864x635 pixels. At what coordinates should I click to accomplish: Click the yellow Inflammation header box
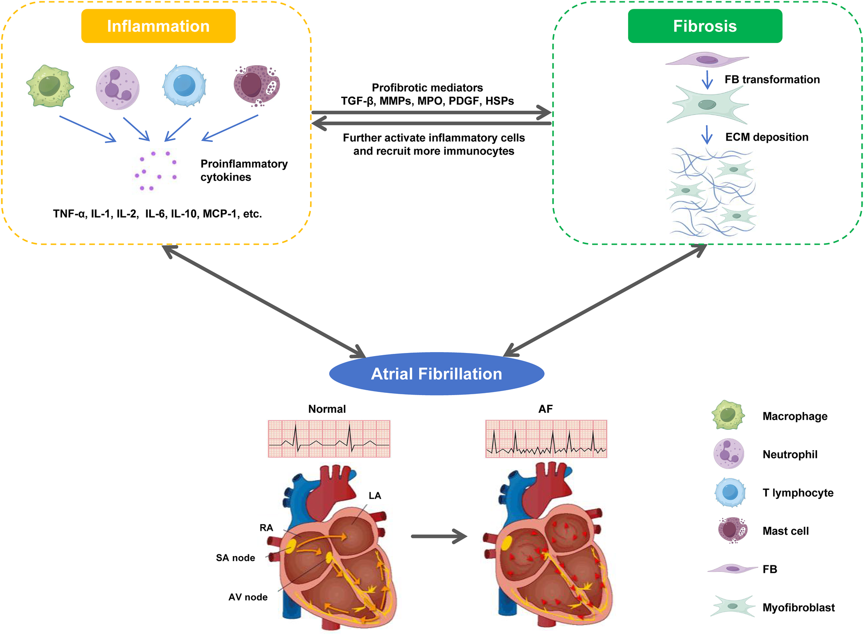tap(158, 26)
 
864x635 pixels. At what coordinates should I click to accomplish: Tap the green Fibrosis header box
tap(704, 26)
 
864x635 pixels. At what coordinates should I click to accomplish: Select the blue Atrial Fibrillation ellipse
tap(436, 374)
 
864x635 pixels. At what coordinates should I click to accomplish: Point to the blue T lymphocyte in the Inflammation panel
tap(185, 86)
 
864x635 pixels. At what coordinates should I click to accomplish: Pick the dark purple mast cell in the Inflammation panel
tap(257, 85)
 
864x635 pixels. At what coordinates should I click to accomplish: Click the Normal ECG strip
tap(329, 439)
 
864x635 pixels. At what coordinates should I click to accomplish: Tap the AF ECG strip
tap(546, 439)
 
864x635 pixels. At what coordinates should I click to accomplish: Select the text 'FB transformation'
tap(772, 80)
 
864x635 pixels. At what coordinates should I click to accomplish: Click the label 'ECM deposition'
tap(766, 137)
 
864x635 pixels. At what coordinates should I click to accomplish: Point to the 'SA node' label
tap(236, 558)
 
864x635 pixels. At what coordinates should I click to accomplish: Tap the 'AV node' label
tap(248, 597)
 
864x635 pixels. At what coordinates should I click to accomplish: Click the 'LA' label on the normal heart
tap(375, 496)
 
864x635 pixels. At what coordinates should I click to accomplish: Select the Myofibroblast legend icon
tap(732, 606)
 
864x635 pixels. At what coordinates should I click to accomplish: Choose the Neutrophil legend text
tap(789, 455)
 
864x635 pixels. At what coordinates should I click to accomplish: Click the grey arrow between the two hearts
tap(439, 536)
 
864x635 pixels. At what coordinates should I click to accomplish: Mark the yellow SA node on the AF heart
tap(507, 543)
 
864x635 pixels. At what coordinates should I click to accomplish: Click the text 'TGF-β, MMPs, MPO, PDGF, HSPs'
tap(427, 101)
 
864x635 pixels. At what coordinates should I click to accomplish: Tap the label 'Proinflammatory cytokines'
tap(244, 170)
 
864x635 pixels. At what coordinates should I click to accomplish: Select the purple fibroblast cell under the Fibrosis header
tap(707, 60)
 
